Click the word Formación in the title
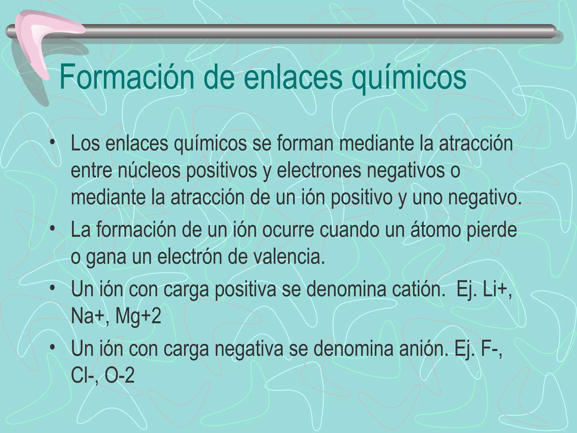127,77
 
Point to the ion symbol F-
491,349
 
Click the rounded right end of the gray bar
552,34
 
